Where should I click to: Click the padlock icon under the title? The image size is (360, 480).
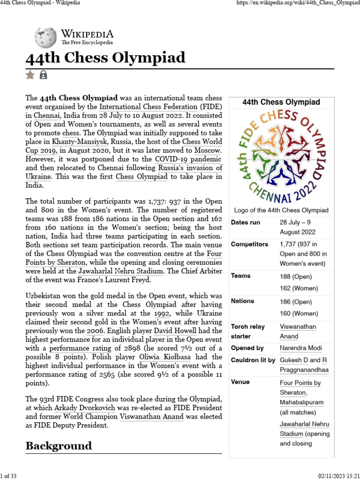43,75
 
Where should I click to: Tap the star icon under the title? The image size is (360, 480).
30,75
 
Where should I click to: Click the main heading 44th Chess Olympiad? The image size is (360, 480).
105,58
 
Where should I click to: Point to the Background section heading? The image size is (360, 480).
59,445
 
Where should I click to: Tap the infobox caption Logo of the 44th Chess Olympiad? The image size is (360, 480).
281,210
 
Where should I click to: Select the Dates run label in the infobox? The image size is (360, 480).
245,222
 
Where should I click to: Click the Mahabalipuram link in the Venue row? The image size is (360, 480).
301,403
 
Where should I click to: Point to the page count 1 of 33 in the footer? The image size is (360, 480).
9,476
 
